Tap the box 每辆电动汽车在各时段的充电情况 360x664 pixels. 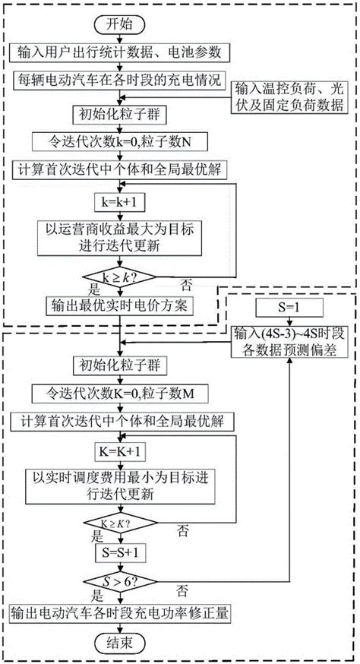coord(121,77)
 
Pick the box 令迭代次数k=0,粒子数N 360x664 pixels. coord(121,141)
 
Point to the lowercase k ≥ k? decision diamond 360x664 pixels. coord(121,277)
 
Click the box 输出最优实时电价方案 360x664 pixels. coord(121,306)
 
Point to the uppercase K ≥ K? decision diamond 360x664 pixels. coord(121,524)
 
